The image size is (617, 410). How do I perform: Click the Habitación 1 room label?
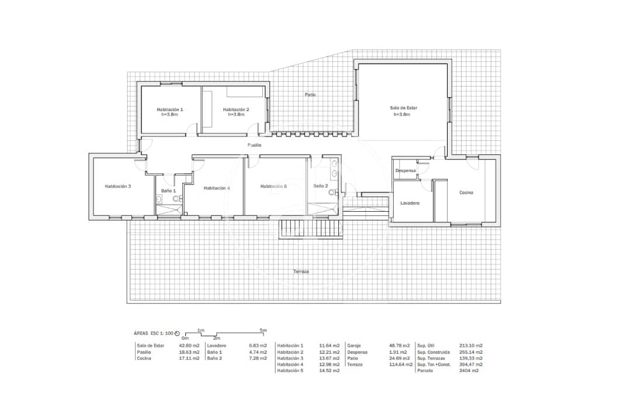click(169, 109)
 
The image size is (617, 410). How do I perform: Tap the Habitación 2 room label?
click(236, 109)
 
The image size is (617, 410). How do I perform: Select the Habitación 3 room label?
click(117, 187)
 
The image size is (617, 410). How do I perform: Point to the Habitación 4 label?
click(216, 188)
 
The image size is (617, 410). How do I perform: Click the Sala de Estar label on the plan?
click(403, 108)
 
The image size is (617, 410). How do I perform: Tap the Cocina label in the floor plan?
click(466, 192)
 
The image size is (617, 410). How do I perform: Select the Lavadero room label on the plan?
click(410, 203)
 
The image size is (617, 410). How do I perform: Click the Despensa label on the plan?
click(405, 171)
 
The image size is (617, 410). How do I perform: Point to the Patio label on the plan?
click(310, 94)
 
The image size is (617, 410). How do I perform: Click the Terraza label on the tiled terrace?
click(301, 271)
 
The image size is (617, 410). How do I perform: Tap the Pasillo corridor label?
click(254, 144)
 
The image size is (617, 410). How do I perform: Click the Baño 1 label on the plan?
click(169, 191)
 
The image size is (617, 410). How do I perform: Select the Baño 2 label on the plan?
click(320, 185)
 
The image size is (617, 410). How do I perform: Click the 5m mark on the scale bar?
click(264, 330)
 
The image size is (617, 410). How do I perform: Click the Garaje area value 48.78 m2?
click(400, 346)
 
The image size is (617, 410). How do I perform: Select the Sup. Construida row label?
click(433, 352)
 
